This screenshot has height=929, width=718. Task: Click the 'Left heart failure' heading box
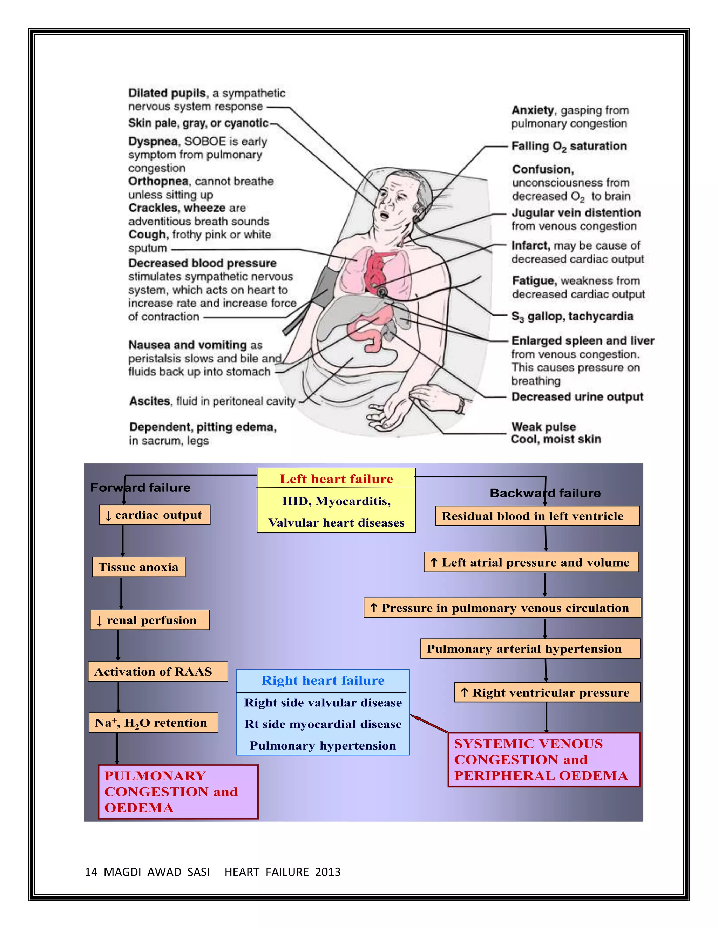coord(336,479)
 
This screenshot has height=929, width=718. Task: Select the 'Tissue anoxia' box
coord(139,567)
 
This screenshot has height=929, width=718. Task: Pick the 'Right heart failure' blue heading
coord(323,680)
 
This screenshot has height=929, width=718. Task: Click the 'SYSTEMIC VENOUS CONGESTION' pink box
coord(544,760)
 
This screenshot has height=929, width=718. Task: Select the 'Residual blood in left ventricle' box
coord(537,516)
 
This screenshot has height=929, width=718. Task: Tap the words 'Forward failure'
coord(140,488)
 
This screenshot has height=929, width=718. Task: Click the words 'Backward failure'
coord(545,493)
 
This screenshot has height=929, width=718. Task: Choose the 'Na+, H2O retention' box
coord(153,723)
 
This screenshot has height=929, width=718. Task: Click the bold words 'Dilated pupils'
coord(167,93)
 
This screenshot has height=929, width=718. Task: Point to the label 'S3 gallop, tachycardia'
coord(572,317)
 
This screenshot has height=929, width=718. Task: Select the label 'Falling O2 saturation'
coord(569,146)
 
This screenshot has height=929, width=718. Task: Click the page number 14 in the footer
coord(91,872)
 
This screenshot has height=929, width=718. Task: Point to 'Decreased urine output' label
coord(577,397)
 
